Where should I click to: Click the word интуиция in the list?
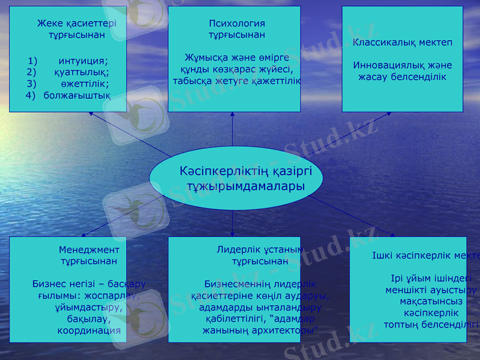(83, 61)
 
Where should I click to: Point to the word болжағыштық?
(76, 95)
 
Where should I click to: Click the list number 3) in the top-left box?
(32, 83)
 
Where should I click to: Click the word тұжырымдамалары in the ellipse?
(245, 187)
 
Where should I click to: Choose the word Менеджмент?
(89, 250)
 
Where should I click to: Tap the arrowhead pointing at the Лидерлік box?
(233, 233)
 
